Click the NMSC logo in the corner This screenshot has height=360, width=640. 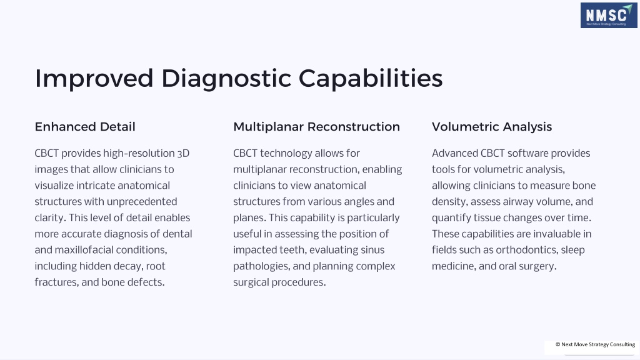coord(609,16)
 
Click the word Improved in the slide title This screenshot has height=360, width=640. coord(94,78)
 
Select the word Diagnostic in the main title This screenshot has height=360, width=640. coord(226,78)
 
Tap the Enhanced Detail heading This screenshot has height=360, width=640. coord(85,126)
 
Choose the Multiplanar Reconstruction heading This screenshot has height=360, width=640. coord(316,126)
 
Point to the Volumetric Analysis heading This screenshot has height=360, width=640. coord(492,126)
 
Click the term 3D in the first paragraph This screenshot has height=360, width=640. coord(183,154)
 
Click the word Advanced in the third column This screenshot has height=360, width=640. coord(455,154)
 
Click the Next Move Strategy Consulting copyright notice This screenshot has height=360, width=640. coord(595,344)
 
